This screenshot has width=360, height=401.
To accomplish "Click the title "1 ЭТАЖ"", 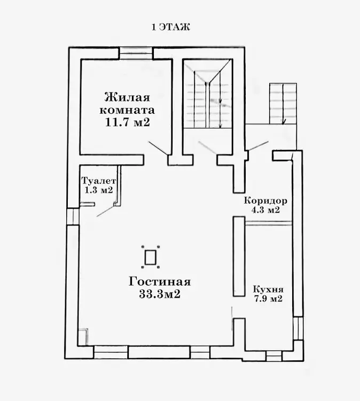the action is (x=171, y=27).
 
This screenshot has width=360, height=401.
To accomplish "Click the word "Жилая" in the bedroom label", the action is (x=127, y=98).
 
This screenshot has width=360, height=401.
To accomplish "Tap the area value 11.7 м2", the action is (x=127, y=122).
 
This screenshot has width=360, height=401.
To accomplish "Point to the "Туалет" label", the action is (x=99, y=181).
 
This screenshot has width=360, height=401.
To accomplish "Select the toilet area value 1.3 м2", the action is (x=99, y=190).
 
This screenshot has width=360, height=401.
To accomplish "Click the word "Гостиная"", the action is (x=159, y=282).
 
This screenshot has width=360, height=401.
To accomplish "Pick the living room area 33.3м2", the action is (x=160, y=294).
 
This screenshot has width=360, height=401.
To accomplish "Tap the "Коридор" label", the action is (x=265, y=200).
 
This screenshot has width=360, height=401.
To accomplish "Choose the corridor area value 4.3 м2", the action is (x=265, y=210).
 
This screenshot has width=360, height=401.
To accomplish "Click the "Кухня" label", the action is (x=268, y=289).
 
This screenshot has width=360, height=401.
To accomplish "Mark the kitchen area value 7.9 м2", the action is (x=268, y=298).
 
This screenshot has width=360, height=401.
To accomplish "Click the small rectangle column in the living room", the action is (x=150, y=257).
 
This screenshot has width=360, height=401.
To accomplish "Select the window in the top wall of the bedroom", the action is (x=137, y=53).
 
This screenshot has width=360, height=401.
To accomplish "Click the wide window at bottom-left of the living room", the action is (x=111, y=352).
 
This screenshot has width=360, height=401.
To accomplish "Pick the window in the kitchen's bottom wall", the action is (x=273, y=356).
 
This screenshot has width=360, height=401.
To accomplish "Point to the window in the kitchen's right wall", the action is (x=298, y=328).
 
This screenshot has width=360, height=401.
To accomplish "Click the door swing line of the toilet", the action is (x=106, y=211).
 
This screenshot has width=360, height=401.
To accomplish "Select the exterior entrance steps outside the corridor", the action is (x=283, y=104).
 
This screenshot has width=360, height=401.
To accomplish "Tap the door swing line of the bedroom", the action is (x=159, y=148).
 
